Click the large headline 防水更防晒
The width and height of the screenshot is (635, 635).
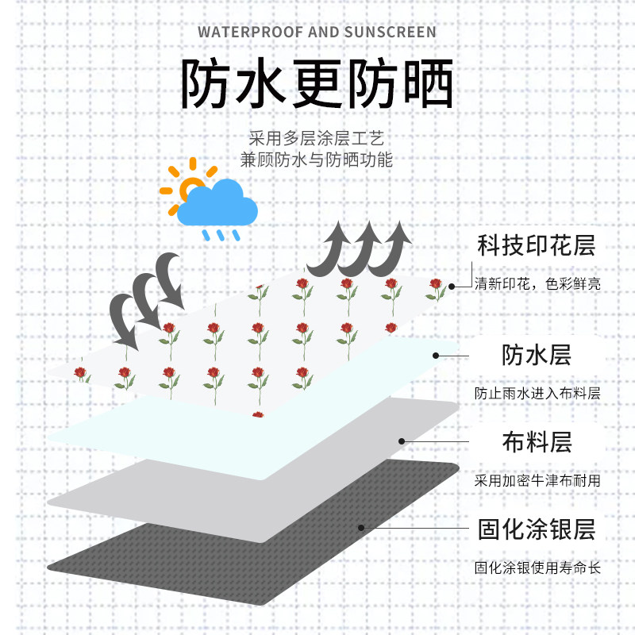click(x=317, y=84)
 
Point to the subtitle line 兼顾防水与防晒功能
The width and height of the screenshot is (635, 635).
click(x=317, y=159)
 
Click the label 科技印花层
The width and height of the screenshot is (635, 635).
click(x=536, y=245)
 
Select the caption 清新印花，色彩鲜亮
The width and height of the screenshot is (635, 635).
click(x=537, y=283)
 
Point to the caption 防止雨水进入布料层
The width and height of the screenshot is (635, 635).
click(x=537, y=393)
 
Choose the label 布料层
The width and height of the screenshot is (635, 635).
click(x=537, y=441)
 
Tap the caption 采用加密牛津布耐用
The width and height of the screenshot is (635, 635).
click(x=537, y=480)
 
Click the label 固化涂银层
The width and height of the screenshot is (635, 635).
click(x=536, y=529)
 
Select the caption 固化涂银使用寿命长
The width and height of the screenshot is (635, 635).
click(x=537, y=568)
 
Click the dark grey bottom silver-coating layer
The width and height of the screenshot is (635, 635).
click(x=198, y=556)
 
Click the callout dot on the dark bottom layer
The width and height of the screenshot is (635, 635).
click(x=361, y=527)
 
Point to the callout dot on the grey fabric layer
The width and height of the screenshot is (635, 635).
click(x=402, y=441)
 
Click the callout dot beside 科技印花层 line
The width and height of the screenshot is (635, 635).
click(x=451, y=286)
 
